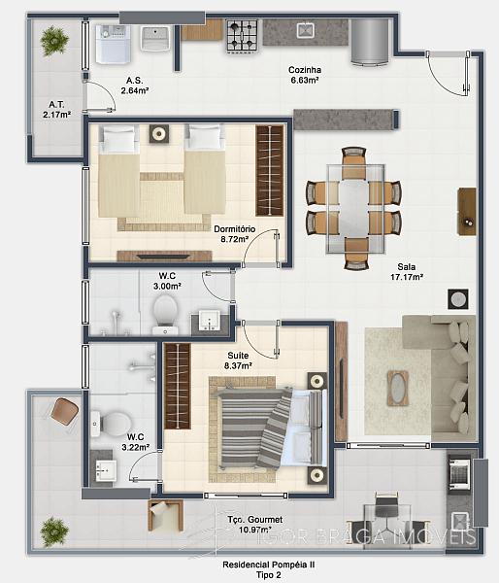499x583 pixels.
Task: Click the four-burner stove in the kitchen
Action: pyautogui.click(x=243, y=36)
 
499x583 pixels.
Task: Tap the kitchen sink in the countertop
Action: pyautogui.click(x=306, y=31)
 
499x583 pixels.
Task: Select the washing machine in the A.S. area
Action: pyautogui.click(x=114, y=44)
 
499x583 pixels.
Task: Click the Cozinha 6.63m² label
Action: pyautogui.click(x=305, y=75)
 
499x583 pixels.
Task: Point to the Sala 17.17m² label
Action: pyautogui.click(x=407, y=272)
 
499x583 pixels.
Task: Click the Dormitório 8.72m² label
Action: pyautogui.click(x=234, y=234)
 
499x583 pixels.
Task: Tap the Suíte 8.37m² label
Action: pyautogui.click(x=238, y=360)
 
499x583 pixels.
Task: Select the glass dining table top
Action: pyautogui.click(x=355, y=209)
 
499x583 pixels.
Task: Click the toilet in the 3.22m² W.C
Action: pyautogui.click(x=111, y=424)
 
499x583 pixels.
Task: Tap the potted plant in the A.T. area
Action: pyautogui.click(x=54, y=40)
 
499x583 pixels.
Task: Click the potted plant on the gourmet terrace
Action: pyautogui.click(x=54, y=532)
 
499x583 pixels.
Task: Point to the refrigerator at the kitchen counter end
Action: pyautogui.click(x=370, y=42)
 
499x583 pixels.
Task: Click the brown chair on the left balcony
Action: pyautogui.click(x=64, y=412)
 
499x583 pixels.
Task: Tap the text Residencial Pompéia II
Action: pyautogui.click(x=268, y=564)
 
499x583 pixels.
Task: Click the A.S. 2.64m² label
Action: pyautogui.click(x=135, y=86)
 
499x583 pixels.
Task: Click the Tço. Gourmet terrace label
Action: pyautogui.click(x=255, y=524)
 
